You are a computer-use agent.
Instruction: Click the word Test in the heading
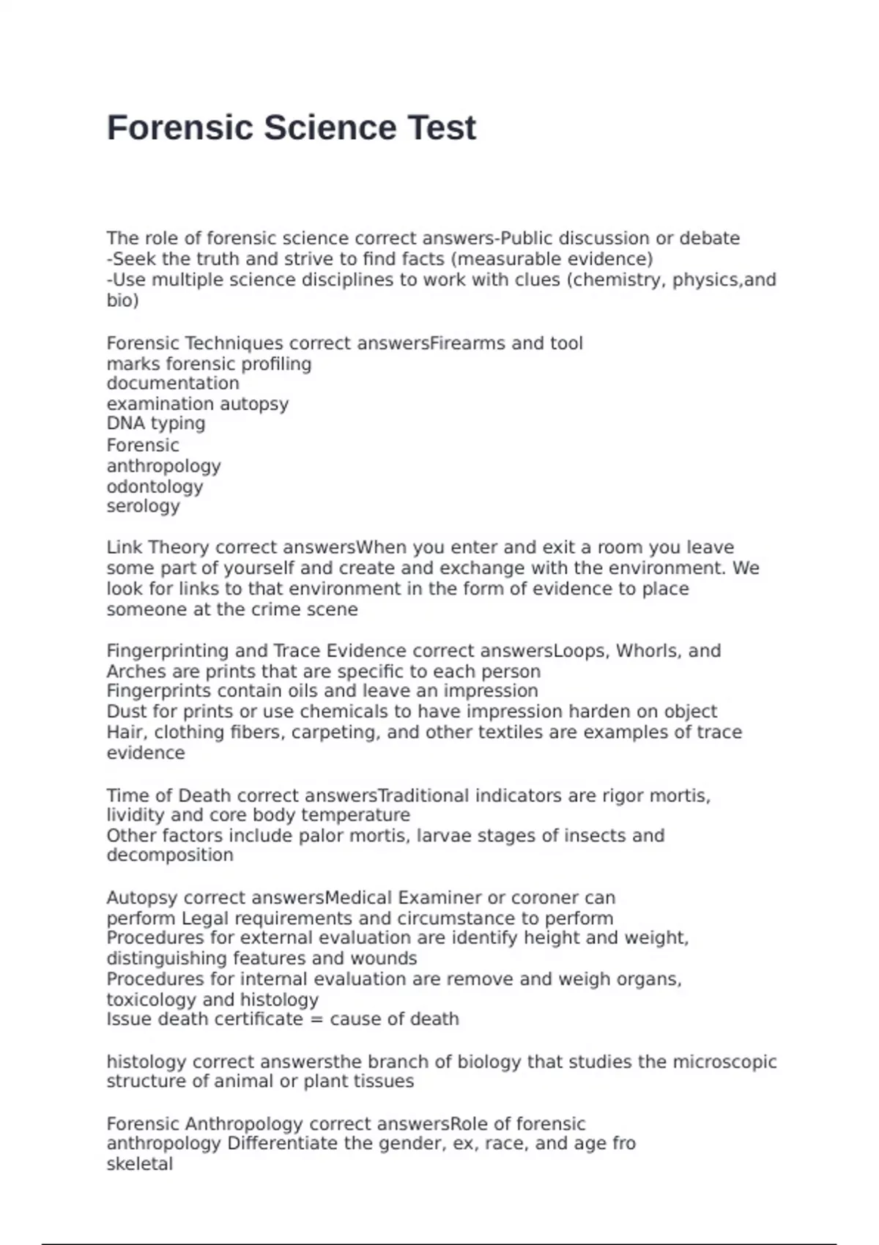(x=442, y=128)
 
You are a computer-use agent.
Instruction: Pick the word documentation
(x=173, y=384)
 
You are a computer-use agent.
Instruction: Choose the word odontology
(x=155, y=487)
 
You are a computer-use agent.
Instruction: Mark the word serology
(x=143, y=506)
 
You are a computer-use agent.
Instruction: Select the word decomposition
(x=170, y=855)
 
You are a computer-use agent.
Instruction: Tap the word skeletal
(x=140, y=1164)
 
